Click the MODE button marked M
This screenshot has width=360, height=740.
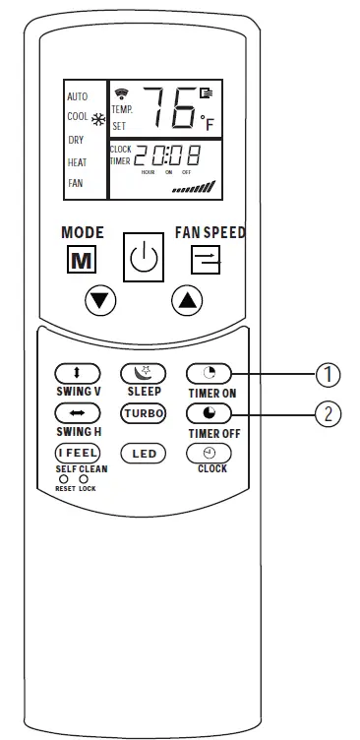coord(82,260)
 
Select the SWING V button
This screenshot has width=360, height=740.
coord(77,373)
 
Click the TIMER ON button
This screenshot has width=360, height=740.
coord(209,373)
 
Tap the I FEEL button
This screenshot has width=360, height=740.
coord(77,453)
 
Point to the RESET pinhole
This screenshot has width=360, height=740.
coord(64,479)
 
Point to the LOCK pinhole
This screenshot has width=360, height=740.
coord(84,479)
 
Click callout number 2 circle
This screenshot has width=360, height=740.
coord(327,413)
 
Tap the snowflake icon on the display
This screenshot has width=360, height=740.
coord(98,119)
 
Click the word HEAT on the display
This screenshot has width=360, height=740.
coord(77,162)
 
